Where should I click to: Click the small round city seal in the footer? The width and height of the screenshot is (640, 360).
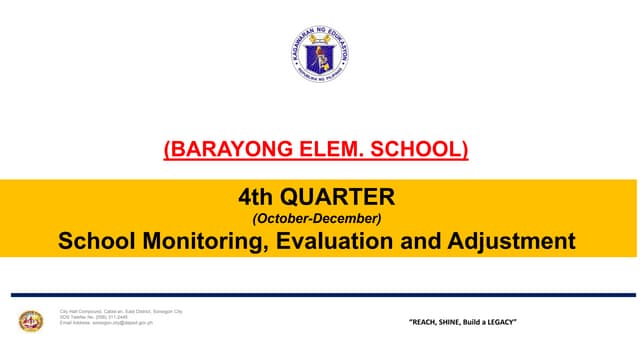click(31, 320)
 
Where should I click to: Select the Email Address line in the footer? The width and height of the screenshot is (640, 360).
click(106, 323)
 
